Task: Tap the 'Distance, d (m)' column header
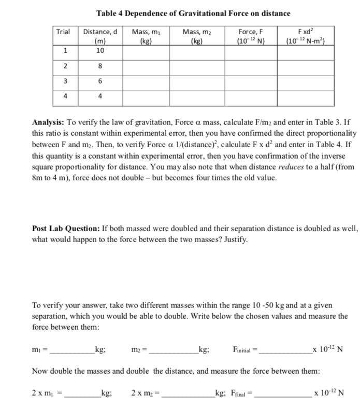tap(100, 36)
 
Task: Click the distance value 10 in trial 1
tap(100, 50)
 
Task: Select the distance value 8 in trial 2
tap(100, 66)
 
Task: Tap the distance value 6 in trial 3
tap(100, 81)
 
